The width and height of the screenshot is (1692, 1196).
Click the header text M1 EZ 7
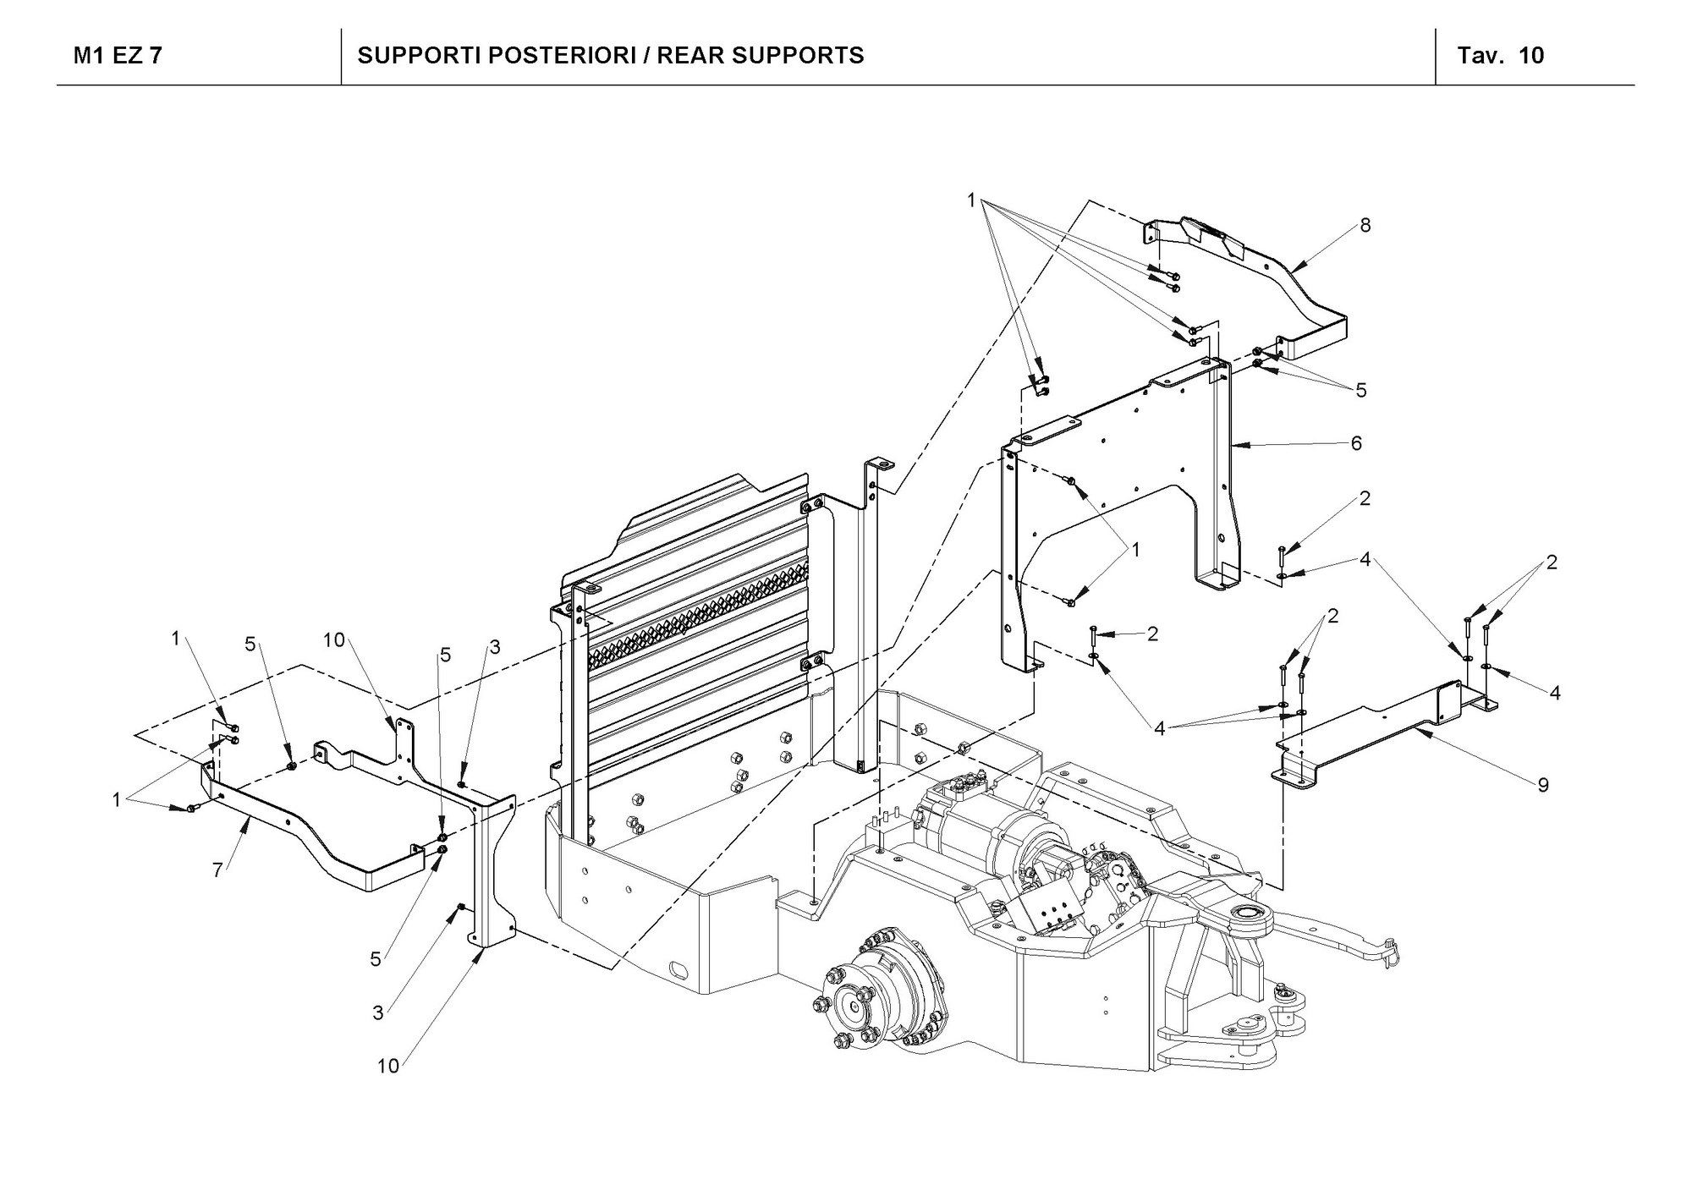click(x=118, y=56)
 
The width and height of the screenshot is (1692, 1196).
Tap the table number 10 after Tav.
click(x=1531, y=56)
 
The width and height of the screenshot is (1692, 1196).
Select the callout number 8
click(x=1365, y=225)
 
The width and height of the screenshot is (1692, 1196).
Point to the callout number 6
click(x=1356, y=443)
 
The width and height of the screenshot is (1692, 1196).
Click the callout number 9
click(x=1543, y=785)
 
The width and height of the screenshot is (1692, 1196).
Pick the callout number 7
click(x=217, y=870)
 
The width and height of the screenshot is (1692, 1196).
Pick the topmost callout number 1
click(x=971, y=200)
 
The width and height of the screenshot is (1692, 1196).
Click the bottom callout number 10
click(x=387, y=1066)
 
